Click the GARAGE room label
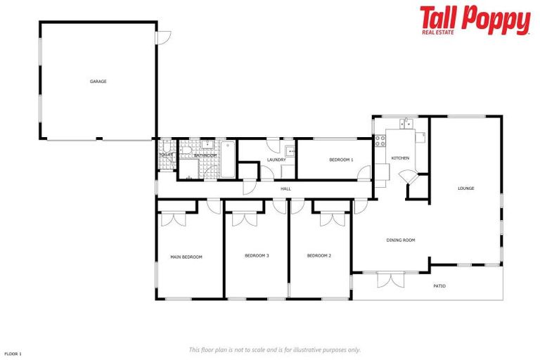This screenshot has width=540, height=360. click(x=98, y=82)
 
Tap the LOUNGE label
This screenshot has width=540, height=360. click(x=465, y=188)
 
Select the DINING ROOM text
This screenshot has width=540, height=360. click(x=401, y=240)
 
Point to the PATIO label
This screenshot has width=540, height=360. click(x=439, y=286)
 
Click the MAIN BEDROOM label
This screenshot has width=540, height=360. click(x=186, y=257)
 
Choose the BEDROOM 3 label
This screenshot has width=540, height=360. click(x=257, y=256)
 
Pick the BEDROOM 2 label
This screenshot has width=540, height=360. click(x=319, y=256)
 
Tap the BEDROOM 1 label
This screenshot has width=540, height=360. click(x=341, y=160)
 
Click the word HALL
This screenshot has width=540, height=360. click(x=285, y=189)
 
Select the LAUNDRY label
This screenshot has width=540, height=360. click(x=276, y=160)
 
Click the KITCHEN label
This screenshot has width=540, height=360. click(x=400, y=158)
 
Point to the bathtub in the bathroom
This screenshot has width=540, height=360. click(x=229, y=160)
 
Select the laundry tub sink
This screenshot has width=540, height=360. click(x=290, y=150)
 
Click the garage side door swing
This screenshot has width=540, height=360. click(x=162, y=37)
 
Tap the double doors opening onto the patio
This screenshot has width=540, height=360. click(x=390, y=280)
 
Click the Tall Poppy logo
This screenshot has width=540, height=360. click(x=475, y=20)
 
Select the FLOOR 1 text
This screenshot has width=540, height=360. click(x=13, y=354)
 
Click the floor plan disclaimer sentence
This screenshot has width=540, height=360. click(x=275, y=349)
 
